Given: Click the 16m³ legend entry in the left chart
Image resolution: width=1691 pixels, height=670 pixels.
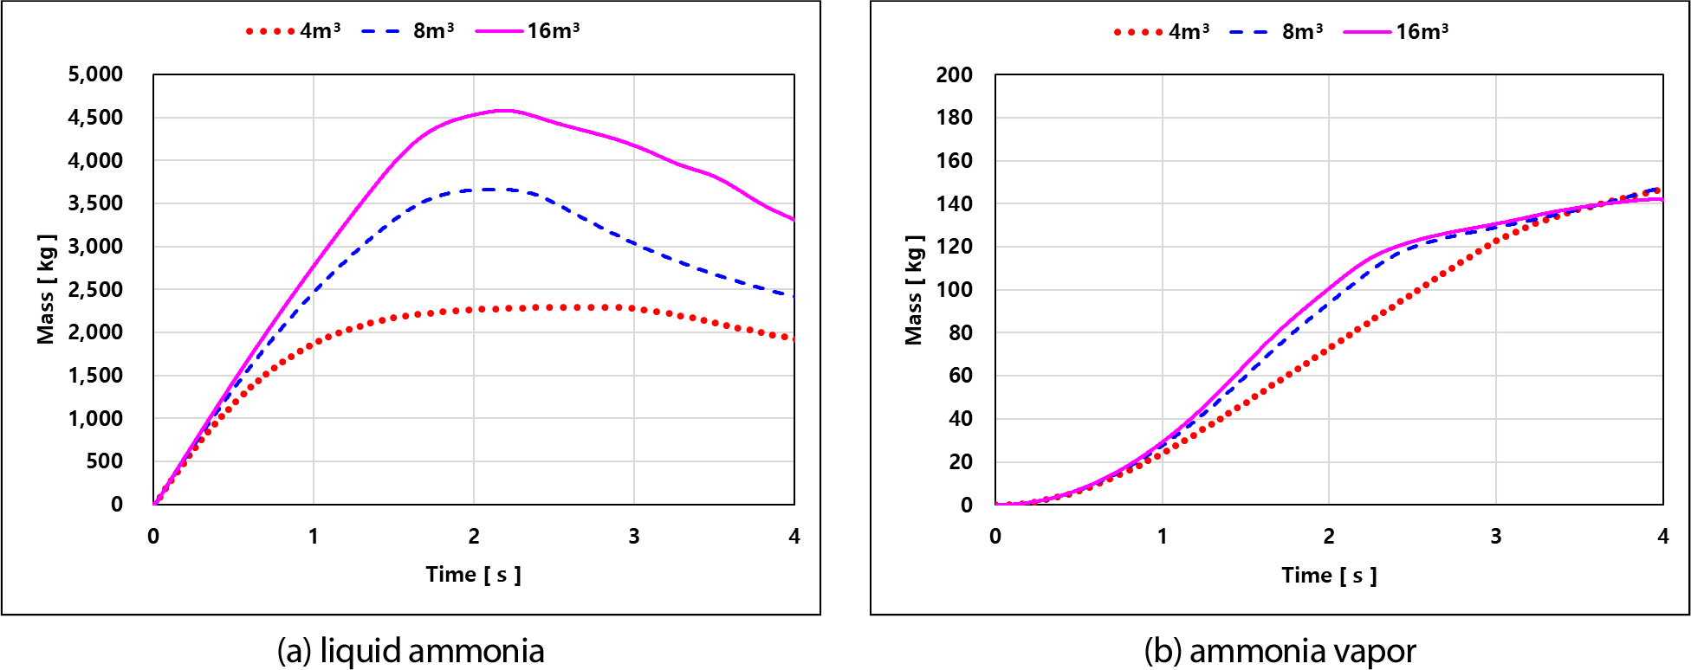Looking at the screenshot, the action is coord(528,31).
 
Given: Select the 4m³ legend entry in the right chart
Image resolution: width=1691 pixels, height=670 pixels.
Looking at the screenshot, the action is coord(1162,32).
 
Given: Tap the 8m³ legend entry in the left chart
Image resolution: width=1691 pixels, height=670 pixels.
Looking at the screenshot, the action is coord(408,31).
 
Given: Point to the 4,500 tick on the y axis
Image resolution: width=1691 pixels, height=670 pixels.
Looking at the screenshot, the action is coord(95,117).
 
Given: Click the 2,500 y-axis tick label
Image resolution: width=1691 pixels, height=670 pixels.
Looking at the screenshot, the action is coord(95,289).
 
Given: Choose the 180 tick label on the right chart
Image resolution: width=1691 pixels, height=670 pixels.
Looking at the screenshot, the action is coord(955,117).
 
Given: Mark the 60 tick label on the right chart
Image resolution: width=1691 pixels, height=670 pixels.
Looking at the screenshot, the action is coord(961,375).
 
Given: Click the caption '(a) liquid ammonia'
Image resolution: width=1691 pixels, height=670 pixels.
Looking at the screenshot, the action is coord(411,651).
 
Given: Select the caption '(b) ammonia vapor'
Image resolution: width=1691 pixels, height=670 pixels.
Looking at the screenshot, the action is coord(1280,651).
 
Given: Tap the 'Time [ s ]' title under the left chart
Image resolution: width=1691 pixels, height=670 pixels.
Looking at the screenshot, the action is coord(474,575).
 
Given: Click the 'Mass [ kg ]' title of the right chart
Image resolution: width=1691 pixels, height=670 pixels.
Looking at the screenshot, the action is coord(914,289).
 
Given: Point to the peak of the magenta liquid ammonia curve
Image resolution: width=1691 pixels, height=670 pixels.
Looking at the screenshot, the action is coord(504,110).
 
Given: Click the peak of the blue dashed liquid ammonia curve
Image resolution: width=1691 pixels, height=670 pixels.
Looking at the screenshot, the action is coord(490,189).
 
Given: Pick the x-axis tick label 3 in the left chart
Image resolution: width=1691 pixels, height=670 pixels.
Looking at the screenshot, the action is coord(634,537).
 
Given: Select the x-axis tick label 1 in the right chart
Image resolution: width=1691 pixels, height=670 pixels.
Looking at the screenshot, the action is coord(1163,537).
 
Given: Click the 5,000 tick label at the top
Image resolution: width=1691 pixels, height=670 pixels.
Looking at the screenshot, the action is coord(95,74).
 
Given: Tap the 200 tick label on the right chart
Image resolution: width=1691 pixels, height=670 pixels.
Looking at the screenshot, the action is coord(955,74).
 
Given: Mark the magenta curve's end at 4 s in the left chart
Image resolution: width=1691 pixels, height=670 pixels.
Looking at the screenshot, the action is coord(794,219).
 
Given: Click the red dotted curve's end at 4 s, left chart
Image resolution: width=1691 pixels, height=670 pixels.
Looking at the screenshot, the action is coord(793,338).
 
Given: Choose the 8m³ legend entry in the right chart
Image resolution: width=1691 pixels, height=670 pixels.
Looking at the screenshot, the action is coord(1276,32).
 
